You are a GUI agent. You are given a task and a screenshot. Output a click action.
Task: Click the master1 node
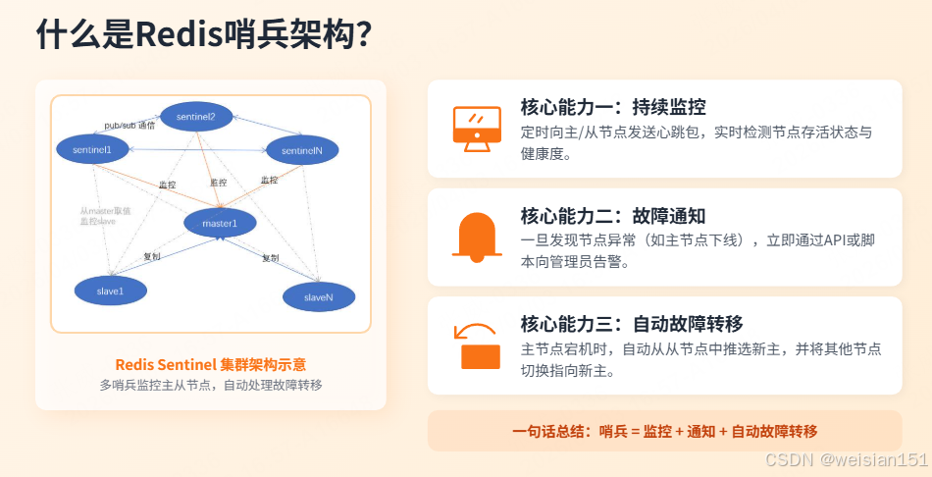[x=220, y=224]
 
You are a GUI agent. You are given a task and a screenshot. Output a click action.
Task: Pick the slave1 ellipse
[x=110, y=291]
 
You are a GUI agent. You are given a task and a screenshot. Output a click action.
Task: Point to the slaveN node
[x=318, y=296]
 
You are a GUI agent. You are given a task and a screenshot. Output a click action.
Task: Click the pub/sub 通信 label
[x=129, y=127]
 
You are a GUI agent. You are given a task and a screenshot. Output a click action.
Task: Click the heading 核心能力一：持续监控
[x=613, y=107]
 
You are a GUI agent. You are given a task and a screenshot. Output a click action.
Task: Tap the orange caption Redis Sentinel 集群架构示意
[x=211, y=364]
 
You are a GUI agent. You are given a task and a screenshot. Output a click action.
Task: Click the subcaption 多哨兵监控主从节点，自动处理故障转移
[x=211, y=385]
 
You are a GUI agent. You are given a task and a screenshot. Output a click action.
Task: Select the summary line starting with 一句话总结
[x=664, y=431]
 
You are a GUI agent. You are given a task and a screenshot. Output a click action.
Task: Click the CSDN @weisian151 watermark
[x=846, y=459]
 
